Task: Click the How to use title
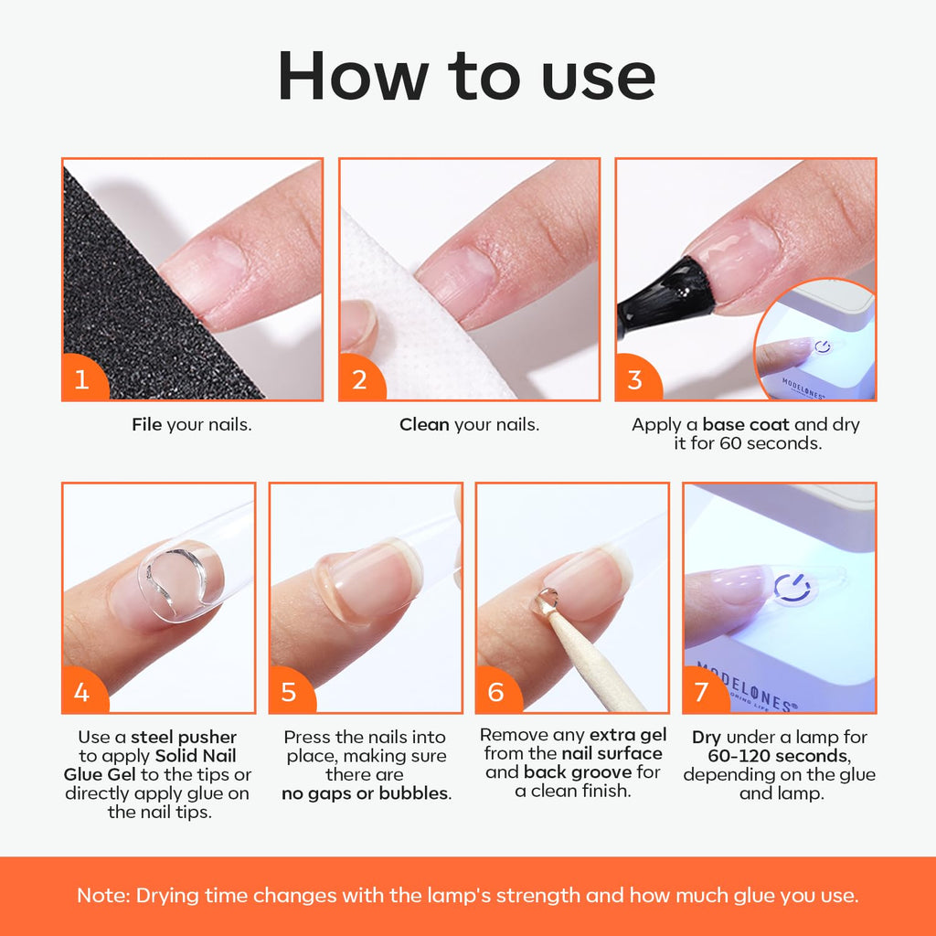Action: [x=467, y=77]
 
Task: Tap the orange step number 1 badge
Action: [x=82, y=379]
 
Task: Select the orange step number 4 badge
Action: [x=82, y=692]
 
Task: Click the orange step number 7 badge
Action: [x=701, y=692]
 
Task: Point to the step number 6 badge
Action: [x=496, y=692]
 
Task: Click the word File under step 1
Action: [x=147, y=425]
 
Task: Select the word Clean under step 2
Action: [x=424, y=425]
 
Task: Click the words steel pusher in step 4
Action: [x=184, y=737]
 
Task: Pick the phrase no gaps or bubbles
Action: [x=366, y=793]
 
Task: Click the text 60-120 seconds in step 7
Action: [x=779, y=756]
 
